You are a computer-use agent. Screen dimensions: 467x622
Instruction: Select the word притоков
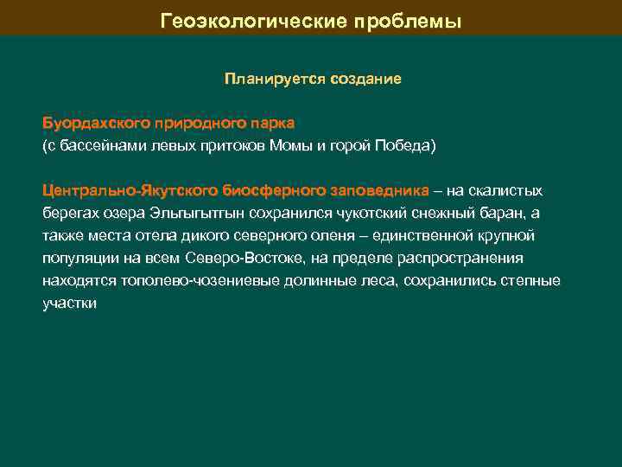(x=231, y=146)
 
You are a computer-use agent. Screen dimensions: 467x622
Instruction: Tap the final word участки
(x=69, y=304)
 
